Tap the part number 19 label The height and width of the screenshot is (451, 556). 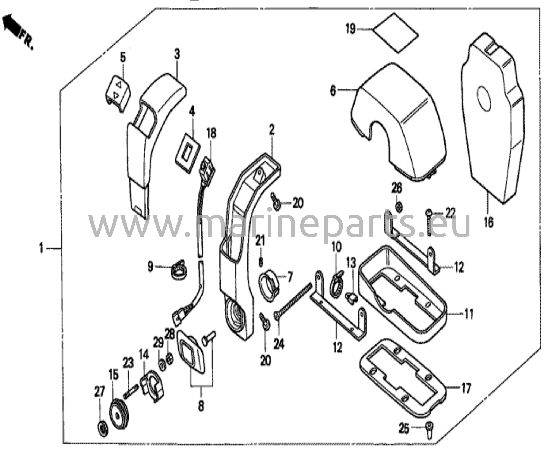(x=350, y=29)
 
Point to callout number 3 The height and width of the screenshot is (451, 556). (x=177, y=54)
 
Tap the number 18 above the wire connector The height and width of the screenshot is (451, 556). (x=211, y=134)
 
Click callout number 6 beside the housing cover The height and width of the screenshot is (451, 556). (x=333, y=90)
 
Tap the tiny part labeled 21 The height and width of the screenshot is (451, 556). (x=261, y=262)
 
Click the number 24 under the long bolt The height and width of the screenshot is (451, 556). (x=279, y=344)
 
